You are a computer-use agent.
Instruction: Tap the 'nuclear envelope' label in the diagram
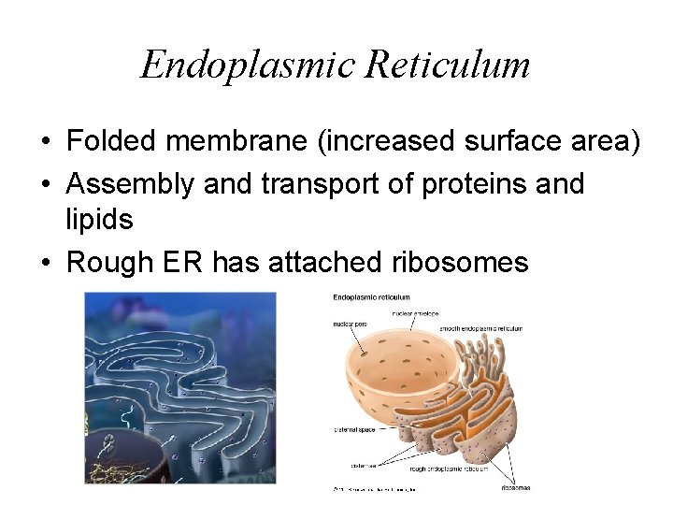[x=416, y=313]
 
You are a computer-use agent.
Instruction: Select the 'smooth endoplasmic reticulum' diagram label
[x=481, y=328]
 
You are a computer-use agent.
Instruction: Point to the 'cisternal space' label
[x=353, y=430]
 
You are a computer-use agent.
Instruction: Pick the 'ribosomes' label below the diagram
[x=515, y=487]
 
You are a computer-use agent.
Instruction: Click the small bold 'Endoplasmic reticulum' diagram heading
[x=371, y=297]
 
